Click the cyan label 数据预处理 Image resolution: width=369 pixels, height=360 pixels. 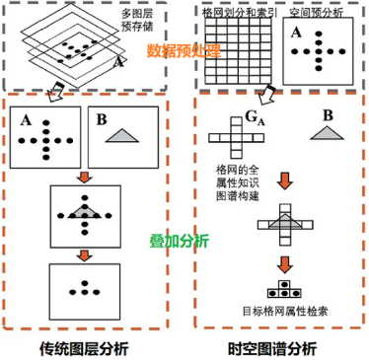tap(184, 51)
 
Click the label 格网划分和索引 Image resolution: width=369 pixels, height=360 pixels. tap(238, 12)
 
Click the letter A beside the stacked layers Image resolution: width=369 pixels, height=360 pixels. tap(118, 62)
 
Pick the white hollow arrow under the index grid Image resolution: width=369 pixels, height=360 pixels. tap(264, 93)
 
